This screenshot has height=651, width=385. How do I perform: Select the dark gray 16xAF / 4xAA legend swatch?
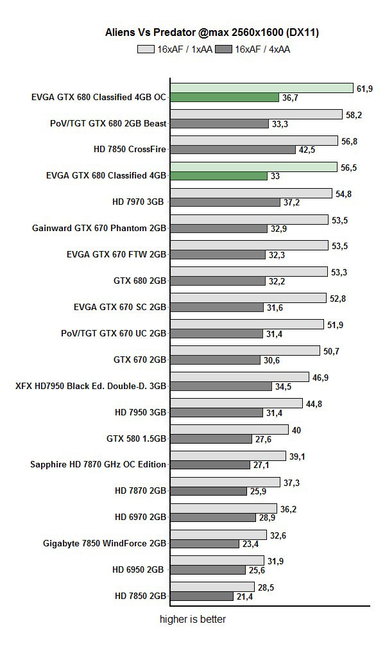225,48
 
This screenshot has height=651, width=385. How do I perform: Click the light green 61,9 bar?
262,88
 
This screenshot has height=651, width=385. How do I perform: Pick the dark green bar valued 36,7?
225,98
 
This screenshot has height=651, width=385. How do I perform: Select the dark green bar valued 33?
219,176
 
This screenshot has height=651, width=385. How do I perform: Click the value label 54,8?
345,193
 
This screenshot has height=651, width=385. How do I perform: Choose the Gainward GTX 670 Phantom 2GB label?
99,228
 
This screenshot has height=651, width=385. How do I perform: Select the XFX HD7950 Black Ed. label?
91,386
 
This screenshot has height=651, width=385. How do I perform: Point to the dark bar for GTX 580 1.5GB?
211,439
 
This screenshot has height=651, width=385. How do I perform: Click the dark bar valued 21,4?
201,596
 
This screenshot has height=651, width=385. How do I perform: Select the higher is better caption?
193,620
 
